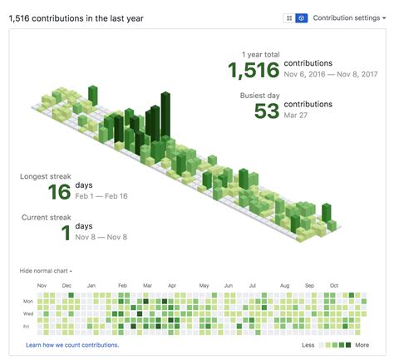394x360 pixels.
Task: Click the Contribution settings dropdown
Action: pos(348,17)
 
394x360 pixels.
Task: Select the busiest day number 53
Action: pos(266,110)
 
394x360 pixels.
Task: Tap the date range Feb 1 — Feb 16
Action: pos(101,196)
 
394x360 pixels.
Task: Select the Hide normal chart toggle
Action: pos(46,271)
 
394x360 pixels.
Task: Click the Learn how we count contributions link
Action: pos(72,344)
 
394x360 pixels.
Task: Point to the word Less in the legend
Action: pos(308,344)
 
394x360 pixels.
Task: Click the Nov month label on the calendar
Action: pos(42,285)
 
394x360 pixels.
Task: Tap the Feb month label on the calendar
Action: pos(122,285)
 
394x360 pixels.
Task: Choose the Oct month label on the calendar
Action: pos(334,285)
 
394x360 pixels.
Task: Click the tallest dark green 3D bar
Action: pos(165,112)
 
